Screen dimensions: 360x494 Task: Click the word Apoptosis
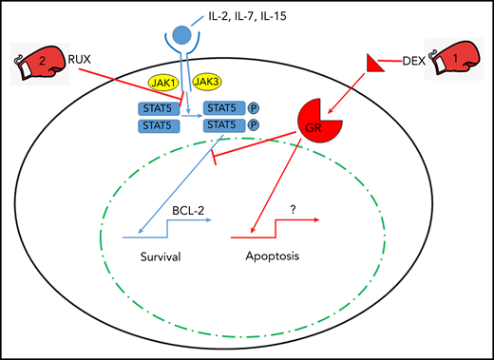[x=270, y=256]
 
